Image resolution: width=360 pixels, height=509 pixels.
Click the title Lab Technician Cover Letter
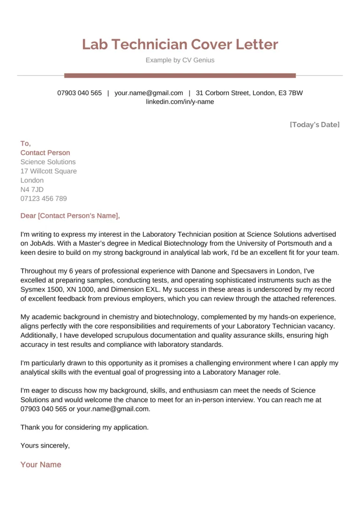coord(180,45)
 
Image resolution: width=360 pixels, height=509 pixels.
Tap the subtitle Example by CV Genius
coord(180,60)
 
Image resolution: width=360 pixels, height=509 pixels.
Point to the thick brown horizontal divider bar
coord(180,75)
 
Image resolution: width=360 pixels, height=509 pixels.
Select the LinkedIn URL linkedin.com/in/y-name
coord(180,102)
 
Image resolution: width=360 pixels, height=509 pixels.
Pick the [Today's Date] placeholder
coord(315,124)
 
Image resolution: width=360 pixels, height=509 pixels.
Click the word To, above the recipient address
coord(26,143)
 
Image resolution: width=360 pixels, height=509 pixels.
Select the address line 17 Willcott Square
coord(49,171)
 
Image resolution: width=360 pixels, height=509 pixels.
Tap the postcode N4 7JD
coord(32,189)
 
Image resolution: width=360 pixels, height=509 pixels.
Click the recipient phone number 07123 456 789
coord(44,198)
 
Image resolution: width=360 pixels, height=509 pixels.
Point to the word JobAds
coord(40,243)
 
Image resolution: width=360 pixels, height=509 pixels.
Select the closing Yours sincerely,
coord(45,446)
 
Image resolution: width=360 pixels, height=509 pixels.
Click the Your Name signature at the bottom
coord(41,464)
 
